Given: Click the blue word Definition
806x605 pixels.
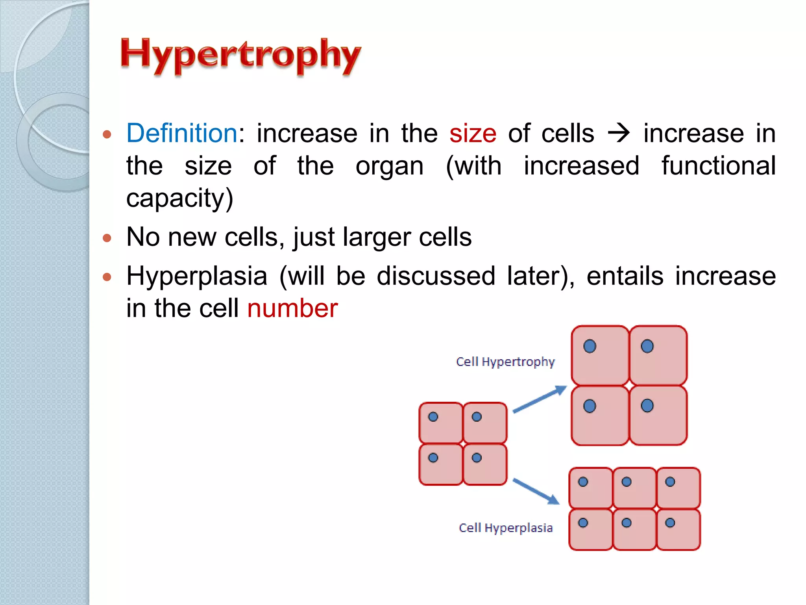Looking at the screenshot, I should [x=182, y=133].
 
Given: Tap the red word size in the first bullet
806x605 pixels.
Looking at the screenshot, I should [x=473, y=134].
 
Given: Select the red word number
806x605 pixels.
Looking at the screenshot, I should [x=292, y=308].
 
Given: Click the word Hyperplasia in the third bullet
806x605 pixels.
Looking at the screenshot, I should [x=197, y=276].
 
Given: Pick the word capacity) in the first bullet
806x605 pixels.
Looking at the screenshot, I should [x=180, y=198].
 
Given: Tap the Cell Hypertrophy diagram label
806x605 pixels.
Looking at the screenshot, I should [x=505, y=362].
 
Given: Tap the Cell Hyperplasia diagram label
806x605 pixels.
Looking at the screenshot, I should [x=506, y=528].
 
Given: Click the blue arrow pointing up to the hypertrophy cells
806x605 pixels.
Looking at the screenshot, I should [x=540, y=399].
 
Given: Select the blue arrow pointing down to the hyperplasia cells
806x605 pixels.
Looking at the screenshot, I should [x=536, y=491].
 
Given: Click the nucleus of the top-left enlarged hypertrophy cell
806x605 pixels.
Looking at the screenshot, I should [x=590, y=346].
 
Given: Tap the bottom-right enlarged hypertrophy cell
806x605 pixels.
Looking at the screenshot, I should [x=658, y=416].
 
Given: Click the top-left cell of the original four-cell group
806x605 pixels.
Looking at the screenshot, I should [x=441, y=423].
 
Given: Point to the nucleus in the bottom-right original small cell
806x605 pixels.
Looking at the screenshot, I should [x=477, y=458].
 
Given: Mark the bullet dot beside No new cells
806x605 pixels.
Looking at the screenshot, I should [x=107, y=238].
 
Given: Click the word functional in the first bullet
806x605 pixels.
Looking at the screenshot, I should [x=718, y=166].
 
